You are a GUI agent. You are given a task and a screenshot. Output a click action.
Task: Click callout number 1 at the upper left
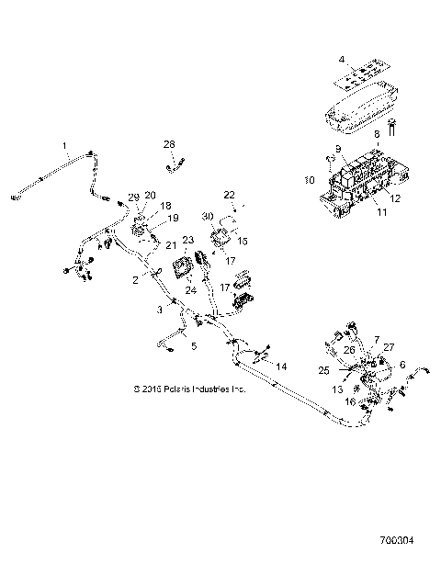(64, 145)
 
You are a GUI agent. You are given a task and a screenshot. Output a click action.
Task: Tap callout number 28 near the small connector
(168, 143)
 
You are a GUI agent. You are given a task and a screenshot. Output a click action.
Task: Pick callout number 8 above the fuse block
(375, 134)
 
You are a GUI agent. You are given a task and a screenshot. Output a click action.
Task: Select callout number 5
(193, 346)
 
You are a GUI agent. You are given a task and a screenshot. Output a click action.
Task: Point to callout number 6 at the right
(401, 365)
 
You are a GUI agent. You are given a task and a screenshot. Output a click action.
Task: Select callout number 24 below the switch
(190, 290)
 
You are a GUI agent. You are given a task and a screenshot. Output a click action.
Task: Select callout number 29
(134, 197)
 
